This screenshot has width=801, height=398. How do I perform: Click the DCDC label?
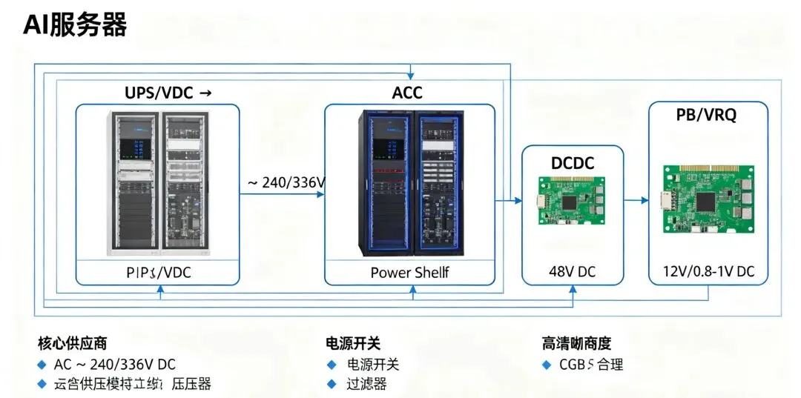pyautogui.click(x=573, y=163)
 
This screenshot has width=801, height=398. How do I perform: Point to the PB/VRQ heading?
pyautogui.click(x=706, y=116)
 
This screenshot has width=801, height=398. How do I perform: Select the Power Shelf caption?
pyautogui.click(x=409, y=272)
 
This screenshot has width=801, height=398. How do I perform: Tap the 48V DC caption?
pyautogui.click(x=572, y=272)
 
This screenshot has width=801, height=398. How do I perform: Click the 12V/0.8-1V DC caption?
pyautogui.click(x=708, y=272)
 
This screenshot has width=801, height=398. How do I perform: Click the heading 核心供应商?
pyautogui.click(x=73, y=343)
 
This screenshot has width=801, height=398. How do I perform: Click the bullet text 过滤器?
pyautogui.click(x=366, y=383)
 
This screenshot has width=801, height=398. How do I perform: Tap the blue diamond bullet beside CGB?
pyautogui.click(x=547, y=365)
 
